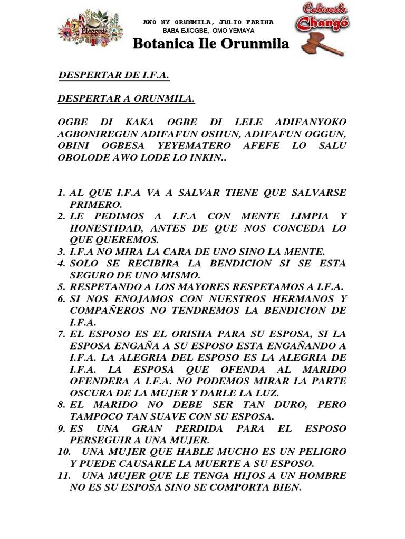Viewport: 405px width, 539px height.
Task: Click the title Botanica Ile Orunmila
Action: tap(210, 44)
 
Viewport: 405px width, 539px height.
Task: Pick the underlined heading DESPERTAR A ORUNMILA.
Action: tap(126, 98)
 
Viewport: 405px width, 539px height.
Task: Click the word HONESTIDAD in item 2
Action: tap(106, 228)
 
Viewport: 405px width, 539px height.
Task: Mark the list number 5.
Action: tap(61, 287)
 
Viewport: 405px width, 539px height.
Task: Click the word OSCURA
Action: tap(90, 393)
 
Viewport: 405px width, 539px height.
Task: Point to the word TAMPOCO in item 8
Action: tap(94, 416)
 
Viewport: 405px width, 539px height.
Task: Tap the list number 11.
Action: tap(65, 475)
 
